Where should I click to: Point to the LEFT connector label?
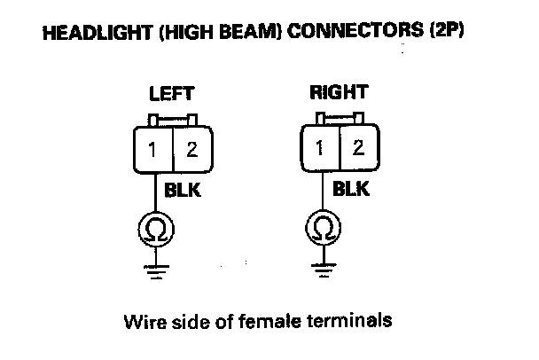pyautogui.click(x=172, y=93)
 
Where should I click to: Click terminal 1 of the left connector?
pyautogui.click(x=153, y=148)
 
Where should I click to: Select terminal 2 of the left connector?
pyautogui.click(x=194, y=148)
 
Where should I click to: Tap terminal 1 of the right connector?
pyautogui.click(x=318, y=145)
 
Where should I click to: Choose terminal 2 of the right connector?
pyautogui.click(x=357, y=145)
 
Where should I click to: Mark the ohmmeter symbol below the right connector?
pyautogui.click(x=320, y=231)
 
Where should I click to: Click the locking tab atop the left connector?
pyautogui.click(x=173, y=118)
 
